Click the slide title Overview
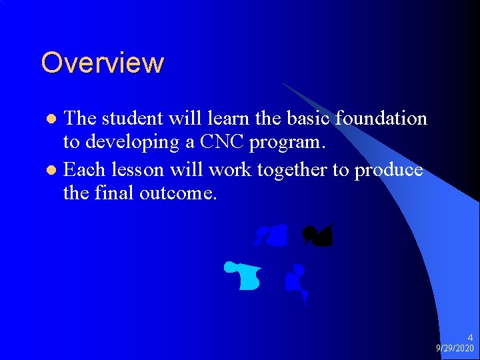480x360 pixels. click(x=102, y=63)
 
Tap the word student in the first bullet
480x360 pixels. click(x=131, y=119)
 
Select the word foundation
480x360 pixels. click(x=381, y=119)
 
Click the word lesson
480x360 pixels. click(x=133, y=169)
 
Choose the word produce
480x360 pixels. click(x=388, y=171)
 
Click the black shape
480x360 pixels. click(x=318, y=235)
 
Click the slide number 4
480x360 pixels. click(x=470, y=338)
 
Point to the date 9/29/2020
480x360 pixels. click(x=455, y=349)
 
